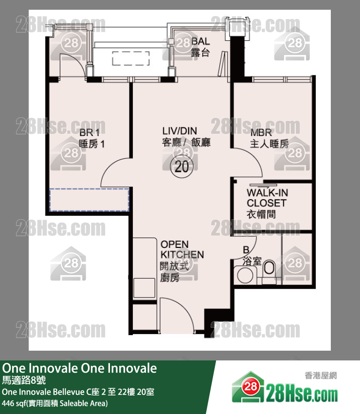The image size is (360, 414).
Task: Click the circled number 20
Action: click(x=182, y=167)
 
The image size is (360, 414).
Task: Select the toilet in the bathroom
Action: click(x=269, y=268)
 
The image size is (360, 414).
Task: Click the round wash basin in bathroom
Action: click(x=245, y=275)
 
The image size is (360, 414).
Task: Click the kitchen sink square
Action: click(x=144, y=288)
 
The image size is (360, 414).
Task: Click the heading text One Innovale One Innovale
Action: click(x=79, y=368)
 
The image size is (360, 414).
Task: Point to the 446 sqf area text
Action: click(x=55, y=403)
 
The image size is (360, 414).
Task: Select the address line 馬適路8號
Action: click(x=24, y=380)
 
